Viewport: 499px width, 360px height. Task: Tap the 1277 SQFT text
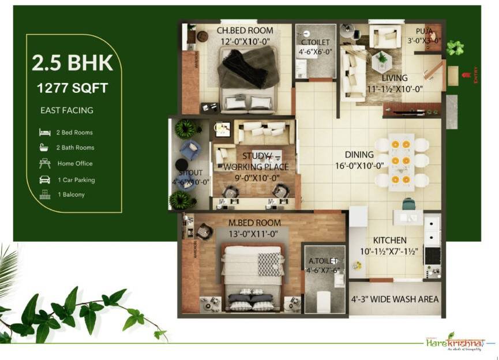[72, 89]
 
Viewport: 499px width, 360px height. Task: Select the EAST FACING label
[66, 110]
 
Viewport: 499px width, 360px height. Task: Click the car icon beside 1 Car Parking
[44, 179]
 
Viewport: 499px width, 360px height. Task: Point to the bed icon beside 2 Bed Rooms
[44, 132]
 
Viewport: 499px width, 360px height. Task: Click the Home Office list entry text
[75, 163]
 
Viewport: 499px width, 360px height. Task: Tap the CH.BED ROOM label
[245, 30]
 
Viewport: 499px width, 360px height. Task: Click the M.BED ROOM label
[254, 223]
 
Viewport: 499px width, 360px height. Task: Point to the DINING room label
[359, 155]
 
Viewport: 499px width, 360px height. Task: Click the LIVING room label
[395, 78]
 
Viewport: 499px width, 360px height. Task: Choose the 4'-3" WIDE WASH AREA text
[395, 299]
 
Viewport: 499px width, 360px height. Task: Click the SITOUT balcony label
[190, 172]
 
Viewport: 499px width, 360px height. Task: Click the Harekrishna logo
[452, 345]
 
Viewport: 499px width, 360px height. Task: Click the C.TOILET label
[315, 42]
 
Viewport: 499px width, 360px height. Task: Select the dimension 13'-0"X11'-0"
[254, 233]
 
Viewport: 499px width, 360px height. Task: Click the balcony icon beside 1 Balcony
[44, 194]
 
